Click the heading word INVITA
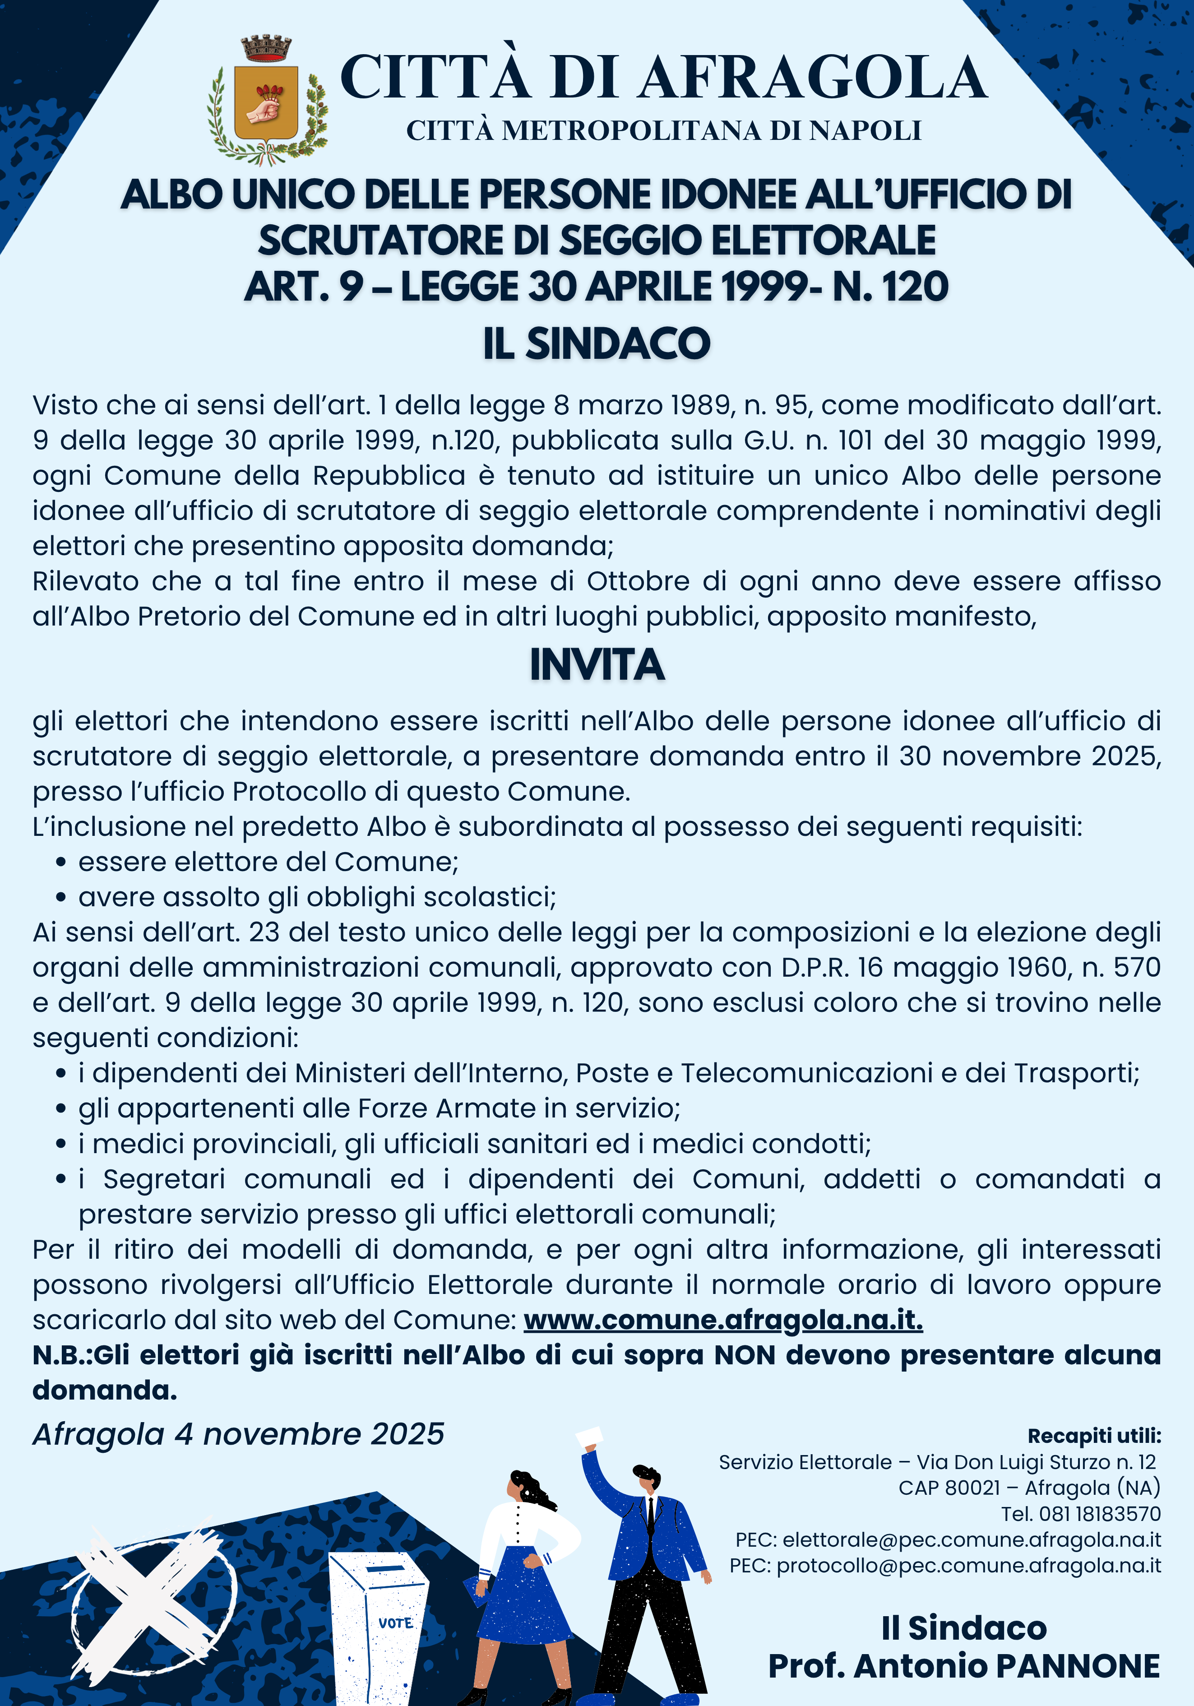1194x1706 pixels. tap(597, 665)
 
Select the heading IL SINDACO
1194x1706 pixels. tap(597, 343)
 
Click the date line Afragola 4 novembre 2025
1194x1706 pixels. tap(238, 1434)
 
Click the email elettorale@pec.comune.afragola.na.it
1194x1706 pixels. tap(971, 1539)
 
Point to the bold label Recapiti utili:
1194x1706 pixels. tap(1094, 1436)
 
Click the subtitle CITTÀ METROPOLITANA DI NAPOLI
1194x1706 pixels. tap(663, 131)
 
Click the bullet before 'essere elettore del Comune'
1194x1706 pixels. tap(62, 862)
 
